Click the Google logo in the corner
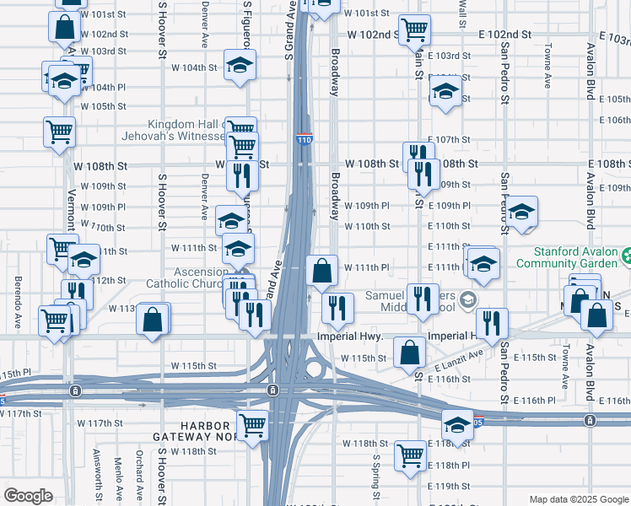29,496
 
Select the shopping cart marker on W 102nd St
414,30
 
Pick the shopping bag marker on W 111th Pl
321,272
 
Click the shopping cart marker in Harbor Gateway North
252,427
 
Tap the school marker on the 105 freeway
457,425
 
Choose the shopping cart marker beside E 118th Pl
411,456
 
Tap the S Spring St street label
376,476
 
